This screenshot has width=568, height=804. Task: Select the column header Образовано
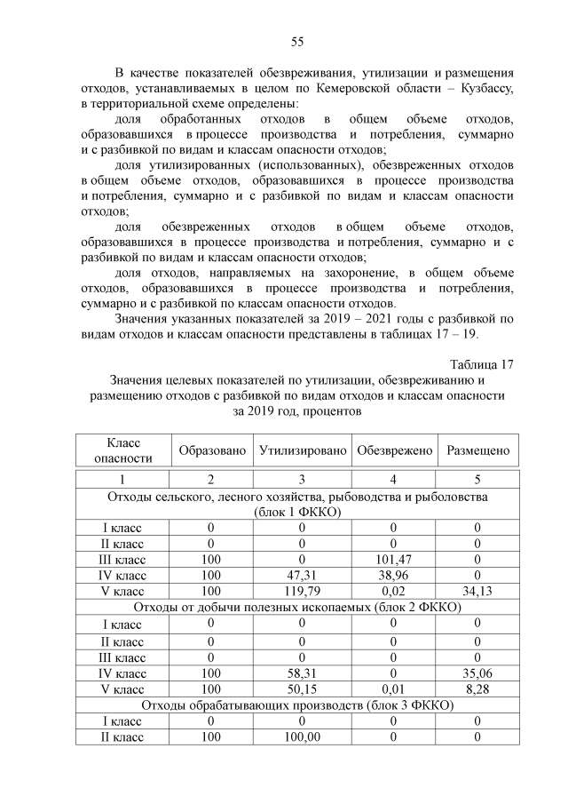tap(212, 450)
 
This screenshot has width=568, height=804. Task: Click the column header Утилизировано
tap(303, 450)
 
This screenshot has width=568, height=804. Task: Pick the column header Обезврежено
tap(394, 450)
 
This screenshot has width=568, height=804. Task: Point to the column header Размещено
tap(477, 450)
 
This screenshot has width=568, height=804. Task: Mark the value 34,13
tap(477, 591)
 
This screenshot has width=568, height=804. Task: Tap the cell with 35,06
tap(477, 673)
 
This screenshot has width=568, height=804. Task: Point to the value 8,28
tap(477, 689)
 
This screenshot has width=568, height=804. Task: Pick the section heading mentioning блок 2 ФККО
tap(297, 607)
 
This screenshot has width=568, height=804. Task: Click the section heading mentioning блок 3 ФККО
tap(297, 705)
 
